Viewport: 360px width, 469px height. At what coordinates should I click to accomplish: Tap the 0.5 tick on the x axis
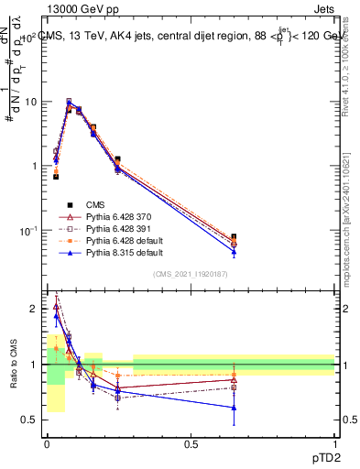tap(191, 444)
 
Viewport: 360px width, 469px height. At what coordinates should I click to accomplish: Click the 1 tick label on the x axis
tap(334, 444)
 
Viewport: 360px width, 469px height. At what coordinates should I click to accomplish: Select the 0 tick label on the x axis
tap(47, 444)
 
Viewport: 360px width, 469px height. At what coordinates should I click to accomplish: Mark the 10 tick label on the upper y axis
tap(30, 102)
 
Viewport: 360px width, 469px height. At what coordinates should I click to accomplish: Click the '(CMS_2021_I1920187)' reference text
tap(191, 273)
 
